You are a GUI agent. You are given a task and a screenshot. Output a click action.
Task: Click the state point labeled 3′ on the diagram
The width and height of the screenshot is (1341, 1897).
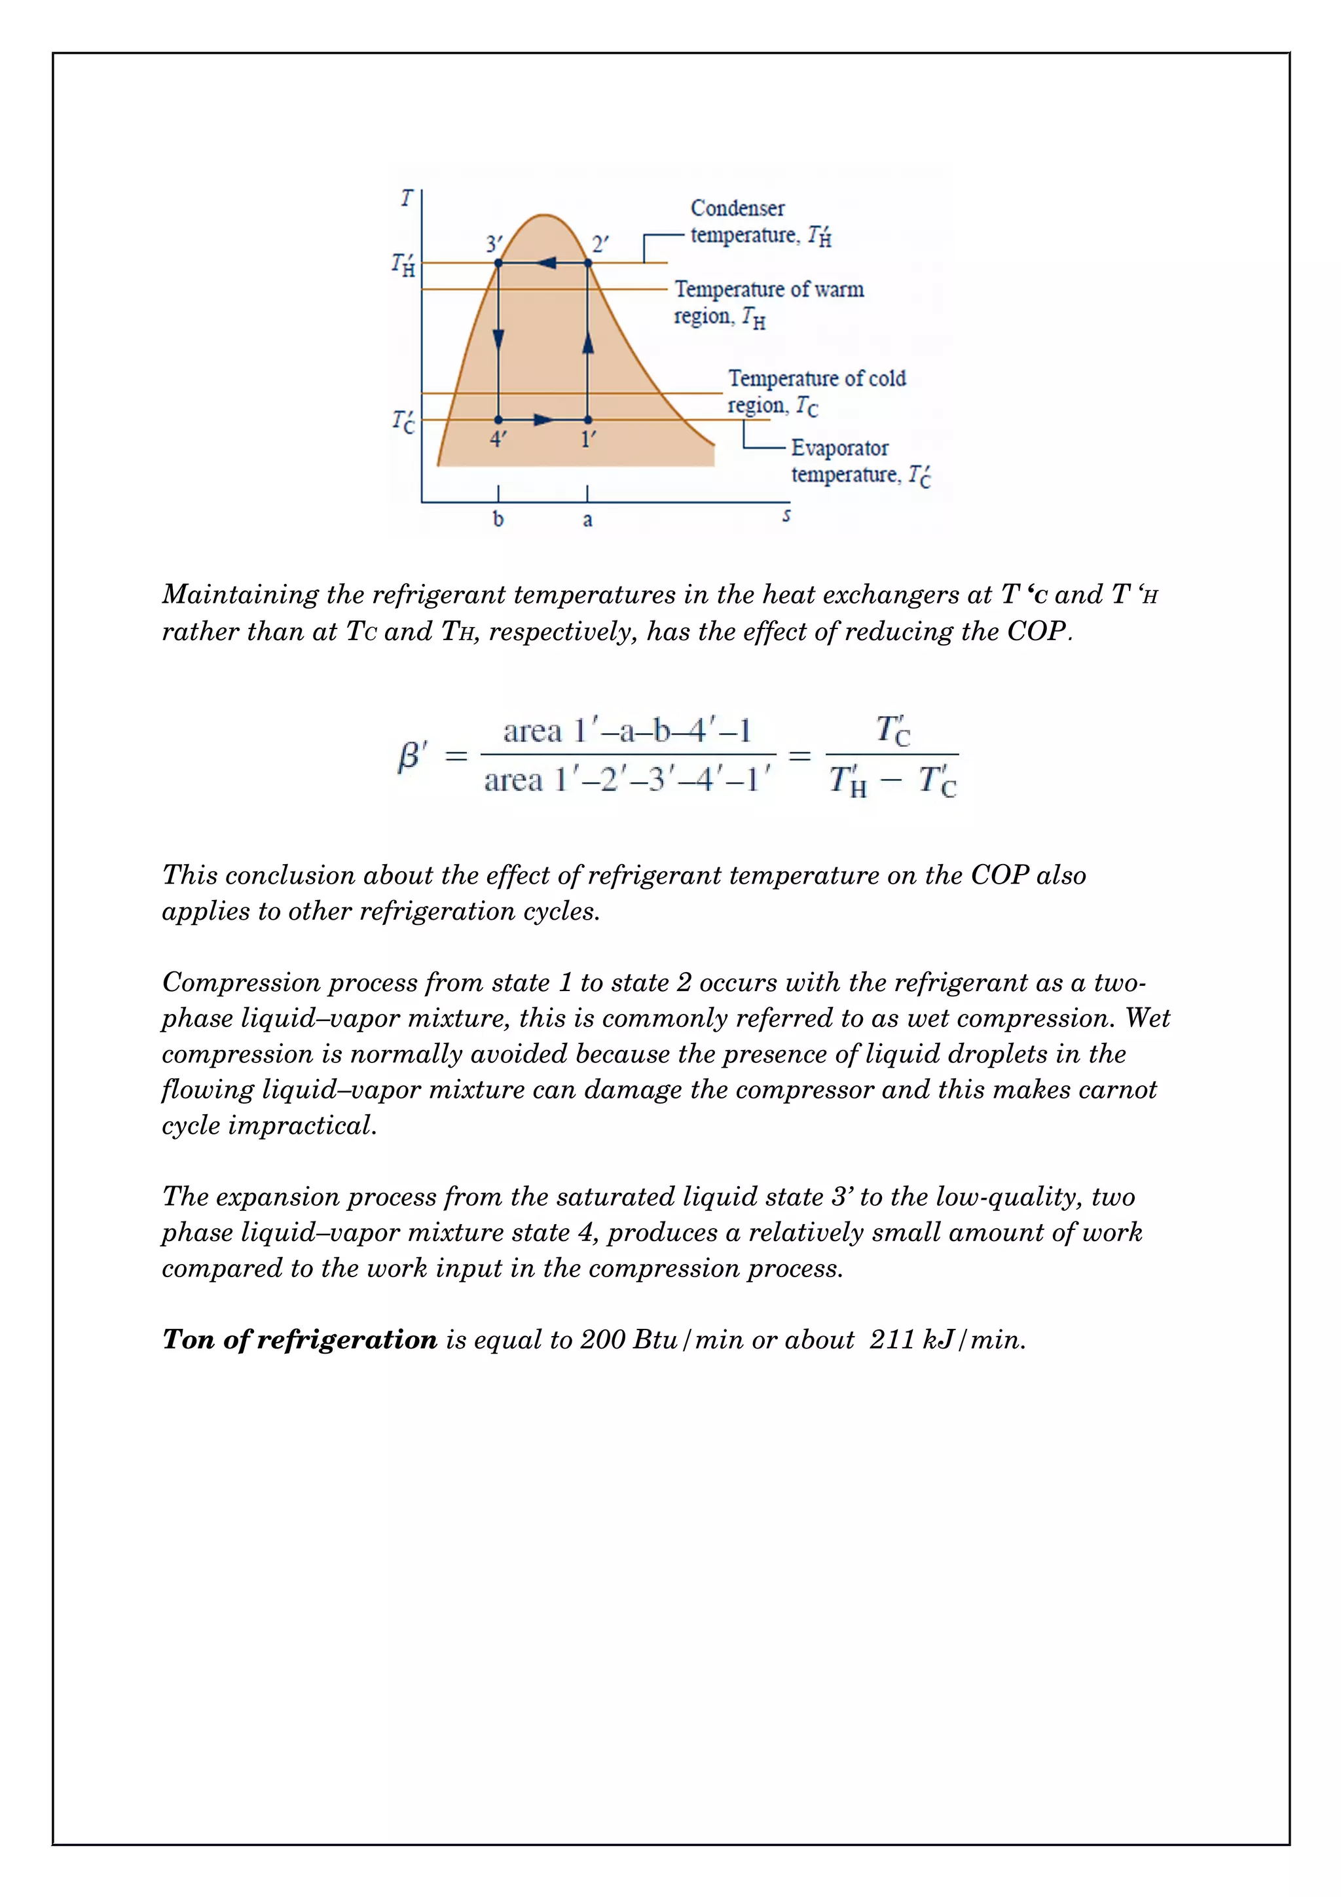pyautogui.click(x=498, y=262)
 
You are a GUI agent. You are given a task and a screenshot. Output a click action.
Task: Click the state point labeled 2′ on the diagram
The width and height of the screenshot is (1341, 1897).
pyautogui.click(x=587, y=262)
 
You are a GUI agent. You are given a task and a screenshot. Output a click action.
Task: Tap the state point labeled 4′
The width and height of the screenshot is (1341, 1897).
pyautogui.click(x=498, y=420)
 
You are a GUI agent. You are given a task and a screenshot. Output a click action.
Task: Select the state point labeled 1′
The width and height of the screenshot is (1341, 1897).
pyautogui.click(x=587, y=420)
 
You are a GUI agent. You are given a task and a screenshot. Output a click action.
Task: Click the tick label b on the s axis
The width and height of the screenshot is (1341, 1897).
pyautogui.click(x=498, y=520)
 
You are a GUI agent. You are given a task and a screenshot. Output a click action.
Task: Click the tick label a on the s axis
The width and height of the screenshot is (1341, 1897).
pyautogui.click(x=587, y=520)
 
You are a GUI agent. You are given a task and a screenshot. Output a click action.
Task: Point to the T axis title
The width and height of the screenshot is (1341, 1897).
pyautogui.click(x=406, y=198)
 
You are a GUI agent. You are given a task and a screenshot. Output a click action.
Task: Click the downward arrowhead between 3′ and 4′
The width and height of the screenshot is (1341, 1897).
pyautogui.click(x=498, y=339)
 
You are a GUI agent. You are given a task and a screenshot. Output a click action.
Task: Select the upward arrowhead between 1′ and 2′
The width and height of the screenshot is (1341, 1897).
pyautogui.click(x=587, y=342)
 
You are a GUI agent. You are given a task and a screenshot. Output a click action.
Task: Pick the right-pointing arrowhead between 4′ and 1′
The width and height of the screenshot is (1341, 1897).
pyautogui.click(x=543, y=420)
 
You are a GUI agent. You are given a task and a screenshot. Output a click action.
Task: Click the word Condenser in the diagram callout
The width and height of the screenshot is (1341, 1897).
pyautogui.click(x=737, y=208)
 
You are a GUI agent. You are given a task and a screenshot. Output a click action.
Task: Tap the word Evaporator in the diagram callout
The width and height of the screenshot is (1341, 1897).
pyautogui.click(x=839, y=448)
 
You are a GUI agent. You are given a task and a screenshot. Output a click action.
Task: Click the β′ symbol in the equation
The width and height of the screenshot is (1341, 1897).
pyautogui.click(x=413, y=755)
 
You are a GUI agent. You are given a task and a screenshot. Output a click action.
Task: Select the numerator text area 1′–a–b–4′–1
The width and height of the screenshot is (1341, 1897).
pyautogui.click(x=627, y=731)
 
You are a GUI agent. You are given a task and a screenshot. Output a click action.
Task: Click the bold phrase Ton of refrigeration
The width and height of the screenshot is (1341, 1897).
pyautogui.click(x=299, y=1339)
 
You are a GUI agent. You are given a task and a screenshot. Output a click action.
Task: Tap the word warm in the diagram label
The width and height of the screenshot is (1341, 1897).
pyautogui.click(x=839, y=289)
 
